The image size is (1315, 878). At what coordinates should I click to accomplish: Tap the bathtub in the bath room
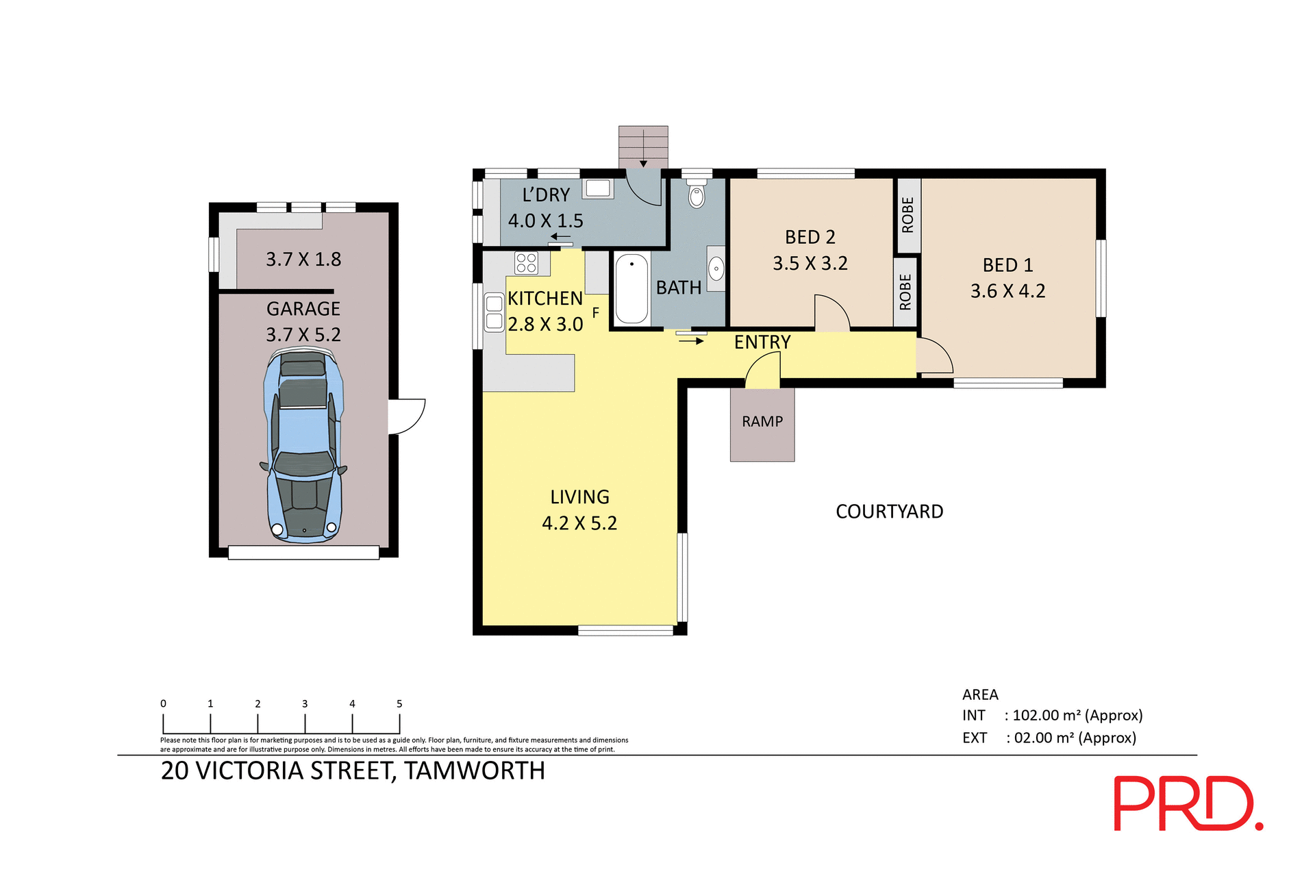tap(631, 288)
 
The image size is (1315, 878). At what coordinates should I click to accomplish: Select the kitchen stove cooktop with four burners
tap(526, 263)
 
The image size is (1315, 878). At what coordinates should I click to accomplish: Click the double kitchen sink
tap(494, 312)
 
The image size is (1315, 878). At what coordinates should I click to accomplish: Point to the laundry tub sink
tap(598, 188)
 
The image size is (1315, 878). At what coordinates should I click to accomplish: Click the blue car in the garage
tap(303, 445)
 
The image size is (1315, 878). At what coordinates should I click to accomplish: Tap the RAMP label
tap(762, 422)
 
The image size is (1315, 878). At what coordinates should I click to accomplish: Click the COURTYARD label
tap(889, 512)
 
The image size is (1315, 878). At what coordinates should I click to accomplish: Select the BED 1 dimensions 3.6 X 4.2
tap(1007, 291)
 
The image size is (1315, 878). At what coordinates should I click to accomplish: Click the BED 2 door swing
tap(831, 314)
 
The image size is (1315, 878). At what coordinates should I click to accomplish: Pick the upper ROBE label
tap(908, 215)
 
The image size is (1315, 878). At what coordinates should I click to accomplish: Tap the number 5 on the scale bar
tap(399, 704)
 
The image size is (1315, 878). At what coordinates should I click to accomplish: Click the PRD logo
tap(1187, 803)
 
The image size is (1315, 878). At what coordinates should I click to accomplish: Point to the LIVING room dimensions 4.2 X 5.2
tap(579, 523)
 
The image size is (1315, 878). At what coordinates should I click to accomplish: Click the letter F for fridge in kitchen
tap(596, 312)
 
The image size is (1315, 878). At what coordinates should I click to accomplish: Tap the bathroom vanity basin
tap(716, 268)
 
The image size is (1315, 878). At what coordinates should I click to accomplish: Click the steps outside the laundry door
tap(643, 146)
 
